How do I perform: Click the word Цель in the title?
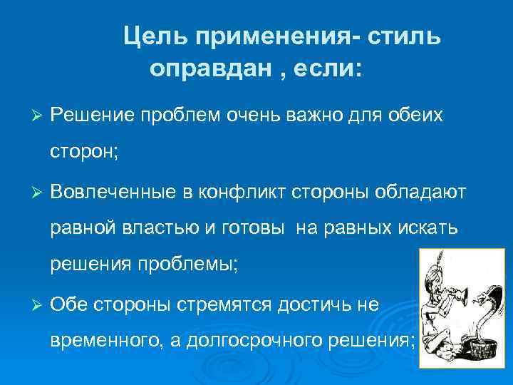pyautogui.click(x=154, y=38)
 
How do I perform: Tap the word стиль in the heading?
pyautogui.click(x=404, y=38)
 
